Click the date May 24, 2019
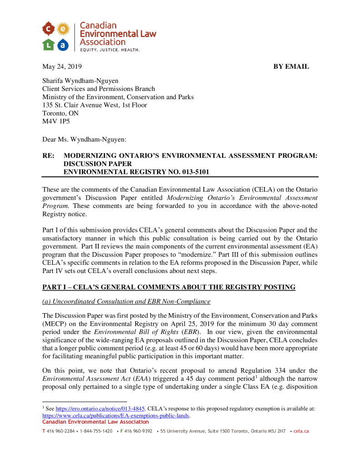click(x=62, y=66)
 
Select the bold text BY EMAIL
click(x=291, y=66)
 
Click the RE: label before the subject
click(x=49, y=156)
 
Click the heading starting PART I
click(x=169, y=287)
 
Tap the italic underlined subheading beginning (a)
click(x=127, y=302)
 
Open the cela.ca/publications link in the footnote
click(x=116, y=415)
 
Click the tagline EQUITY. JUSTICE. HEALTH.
click(x=110, y=50)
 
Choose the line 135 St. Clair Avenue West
click(x=95, y=105)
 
